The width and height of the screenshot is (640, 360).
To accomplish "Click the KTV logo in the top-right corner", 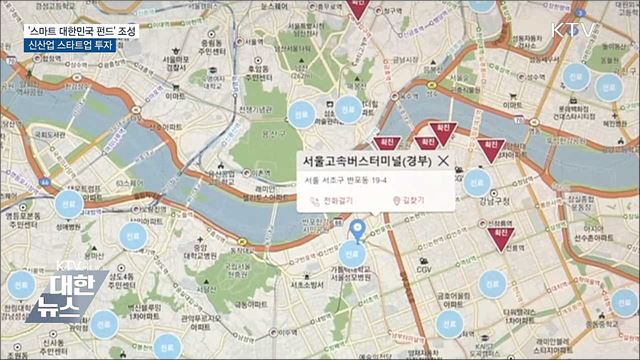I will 577,28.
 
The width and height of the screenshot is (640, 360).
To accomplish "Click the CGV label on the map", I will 426,268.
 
